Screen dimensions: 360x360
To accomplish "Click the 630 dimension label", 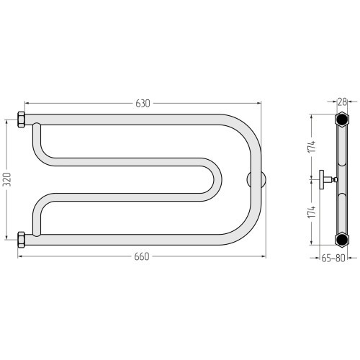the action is coord(143,103).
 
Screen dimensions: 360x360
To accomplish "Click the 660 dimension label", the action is coord(142,256).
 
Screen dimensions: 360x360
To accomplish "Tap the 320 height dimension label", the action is coord(6,179).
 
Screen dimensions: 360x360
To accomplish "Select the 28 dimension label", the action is coord(343,102).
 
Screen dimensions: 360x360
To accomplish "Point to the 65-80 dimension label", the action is coord(333,258).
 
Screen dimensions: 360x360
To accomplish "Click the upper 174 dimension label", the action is coord(312,146).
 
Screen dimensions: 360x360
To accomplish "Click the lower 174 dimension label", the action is coord(312,212).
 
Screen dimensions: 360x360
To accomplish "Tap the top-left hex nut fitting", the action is coord(21,120).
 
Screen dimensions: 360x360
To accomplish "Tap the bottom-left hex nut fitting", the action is coord(21,240).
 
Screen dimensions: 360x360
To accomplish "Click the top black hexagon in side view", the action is coord(342,119).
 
